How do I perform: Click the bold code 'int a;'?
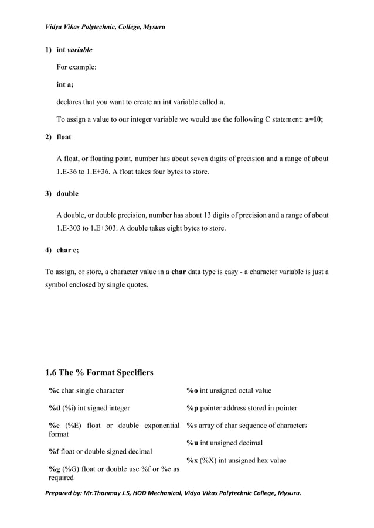coord(64,84)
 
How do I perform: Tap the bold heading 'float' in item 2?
coord(64,137)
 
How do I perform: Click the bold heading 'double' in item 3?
coord(67,193)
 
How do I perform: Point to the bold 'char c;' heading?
coord(67,249)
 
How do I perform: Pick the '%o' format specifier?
coord(192,390)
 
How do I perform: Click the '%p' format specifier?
coord(192,408)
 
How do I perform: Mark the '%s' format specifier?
coord(192,426)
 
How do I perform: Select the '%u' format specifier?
coord(192,443)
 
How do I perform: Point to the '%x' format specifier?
coord(192,460)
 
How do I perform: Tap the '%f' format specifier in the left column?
coord(53,451)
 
